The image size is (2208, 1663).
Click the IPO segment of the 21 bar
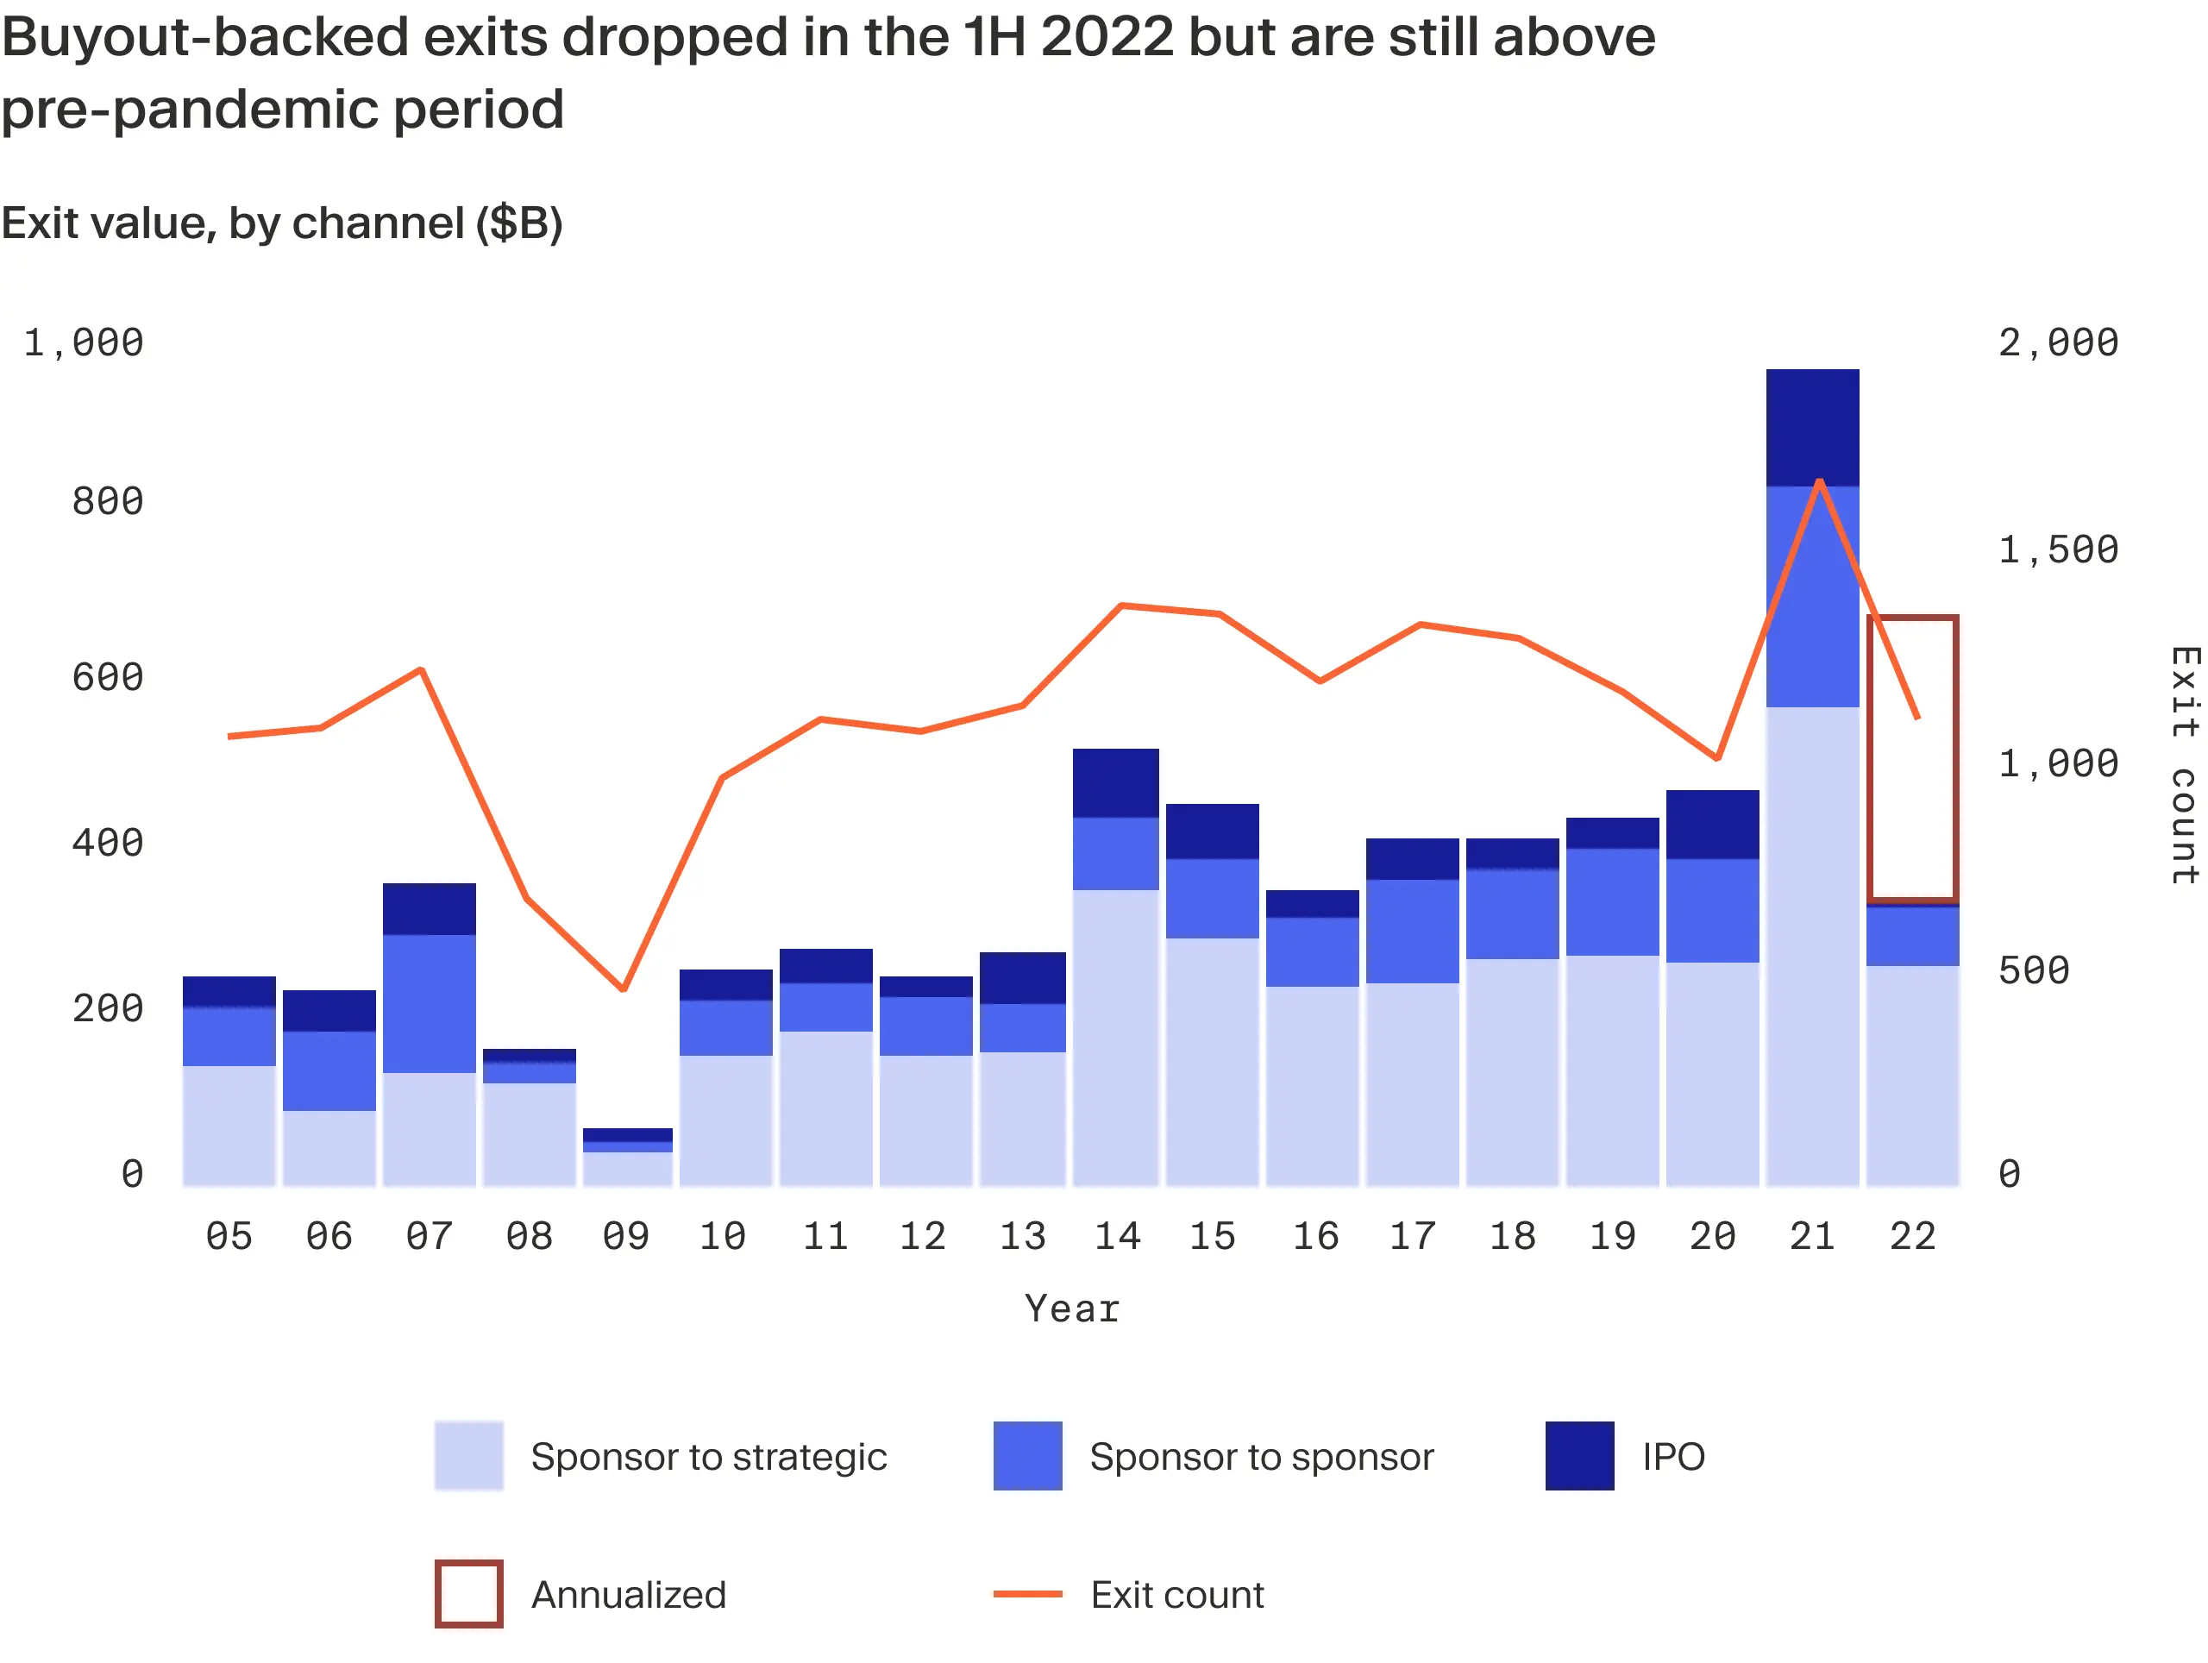(1812, 427)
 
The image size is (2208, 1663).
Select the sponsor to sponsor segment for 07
(430, 1002)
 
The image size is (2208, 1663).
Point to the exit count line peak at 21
(1820, 482)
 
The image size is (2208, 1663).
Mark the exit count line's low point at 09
(623, 988)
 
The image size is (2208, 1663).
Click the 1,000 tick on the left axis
(84, 342)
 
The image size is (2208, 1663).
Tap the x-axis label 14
(1117, 1237)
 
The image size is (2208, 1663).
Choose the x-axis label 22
(1912, 1237)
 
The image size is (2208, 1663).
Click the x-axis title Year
(1072, 1308)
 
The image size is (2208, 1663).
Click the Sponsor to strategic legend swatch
(468, 1455)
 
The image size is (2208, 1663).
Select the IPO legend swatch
(1579, 1455)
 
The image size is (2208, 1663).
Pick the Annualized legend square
(468, 1593)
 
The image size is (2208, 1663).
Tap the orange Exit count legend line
(1027, 1593)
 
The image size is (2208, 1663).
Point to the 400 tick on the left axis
(107, 843)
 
